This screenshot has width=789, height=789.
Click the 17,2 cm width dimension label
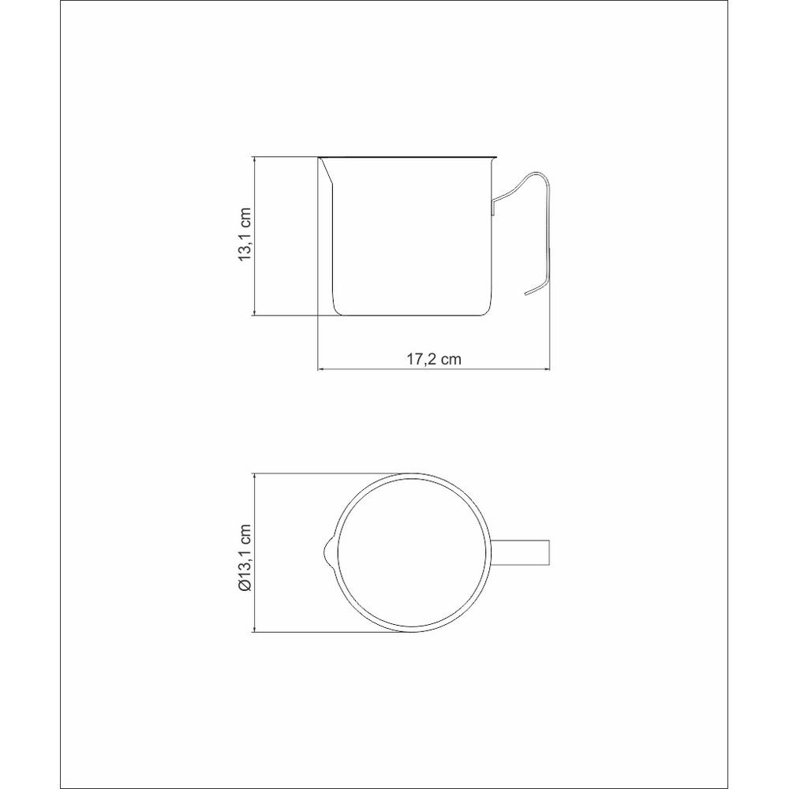(x=434, y=359)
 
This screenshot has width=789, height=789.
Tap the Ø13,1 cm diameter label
(x=245, y=558)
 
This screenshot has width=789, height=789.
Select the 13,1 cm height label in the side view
(x=245, y=234)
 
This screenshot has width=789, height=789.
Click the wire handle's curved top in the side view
(x=534, y=175)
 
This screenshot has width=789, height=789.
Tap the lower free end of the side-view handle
(x=525, y=294)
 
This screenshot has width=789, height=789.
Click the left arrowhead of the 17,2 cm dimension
(x=320, y=370)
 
